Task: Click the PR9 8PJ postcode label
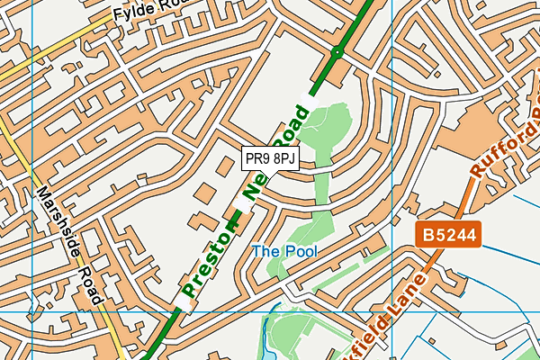tap(270, 158)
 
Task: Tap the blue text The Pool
tap(284, 251)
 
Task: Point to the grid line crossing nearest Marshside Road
tap(31, 310)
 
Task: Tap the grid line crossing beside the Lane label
tap(392, 310)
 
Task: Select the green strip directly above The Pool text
tap(317, 225)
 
